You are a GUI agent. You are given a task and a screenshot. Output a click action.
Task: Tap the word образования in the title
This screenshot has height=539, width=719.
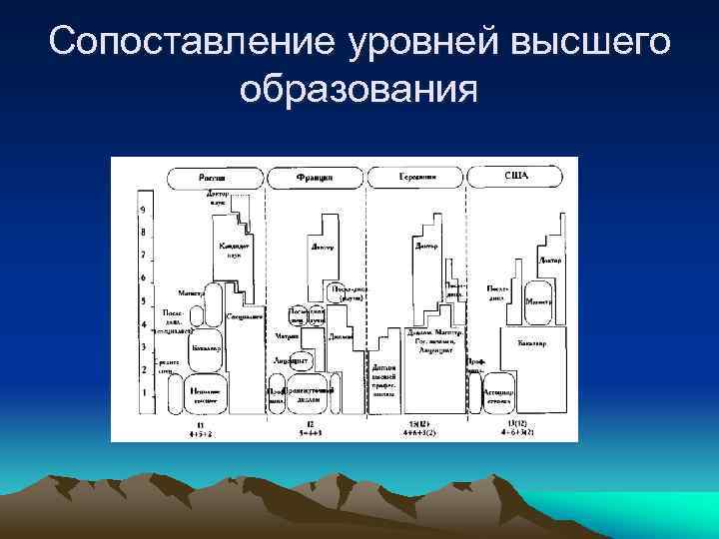pos(359,89)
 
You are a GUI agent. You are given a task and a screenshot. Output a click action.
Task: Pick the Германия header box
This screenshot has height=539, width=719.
pos(416,177)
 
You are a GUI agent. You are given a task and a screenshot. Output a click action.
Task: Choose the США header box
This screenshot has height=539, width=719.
pos(517,177)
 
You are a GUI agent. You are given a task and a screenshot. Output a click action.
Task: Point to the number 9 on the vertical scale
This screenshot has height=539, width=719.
pos(143,210)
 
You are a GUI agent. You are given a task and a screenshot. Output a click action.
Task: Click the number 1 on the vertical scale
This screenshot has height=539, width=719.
pos(143,392)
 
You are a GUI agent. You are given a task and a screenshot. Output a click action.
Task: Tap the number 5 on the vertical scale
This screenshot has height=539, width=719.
pos(143,300)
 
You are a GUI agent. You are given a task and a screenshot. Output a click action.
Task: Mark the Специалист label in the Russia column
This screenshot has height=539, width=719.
pos(244,315)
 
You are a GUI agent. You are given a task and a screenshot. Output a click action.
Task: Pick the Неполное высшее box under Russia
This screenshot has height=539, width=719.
pos(207,394)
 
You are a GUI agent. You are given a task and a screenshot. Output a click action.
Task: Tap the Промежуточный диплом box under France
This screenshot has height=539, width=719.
pos(309,394)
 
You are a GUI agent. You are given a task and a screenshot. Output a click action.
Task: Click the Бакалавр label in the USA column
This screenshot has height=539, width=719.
pos(532,343)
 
